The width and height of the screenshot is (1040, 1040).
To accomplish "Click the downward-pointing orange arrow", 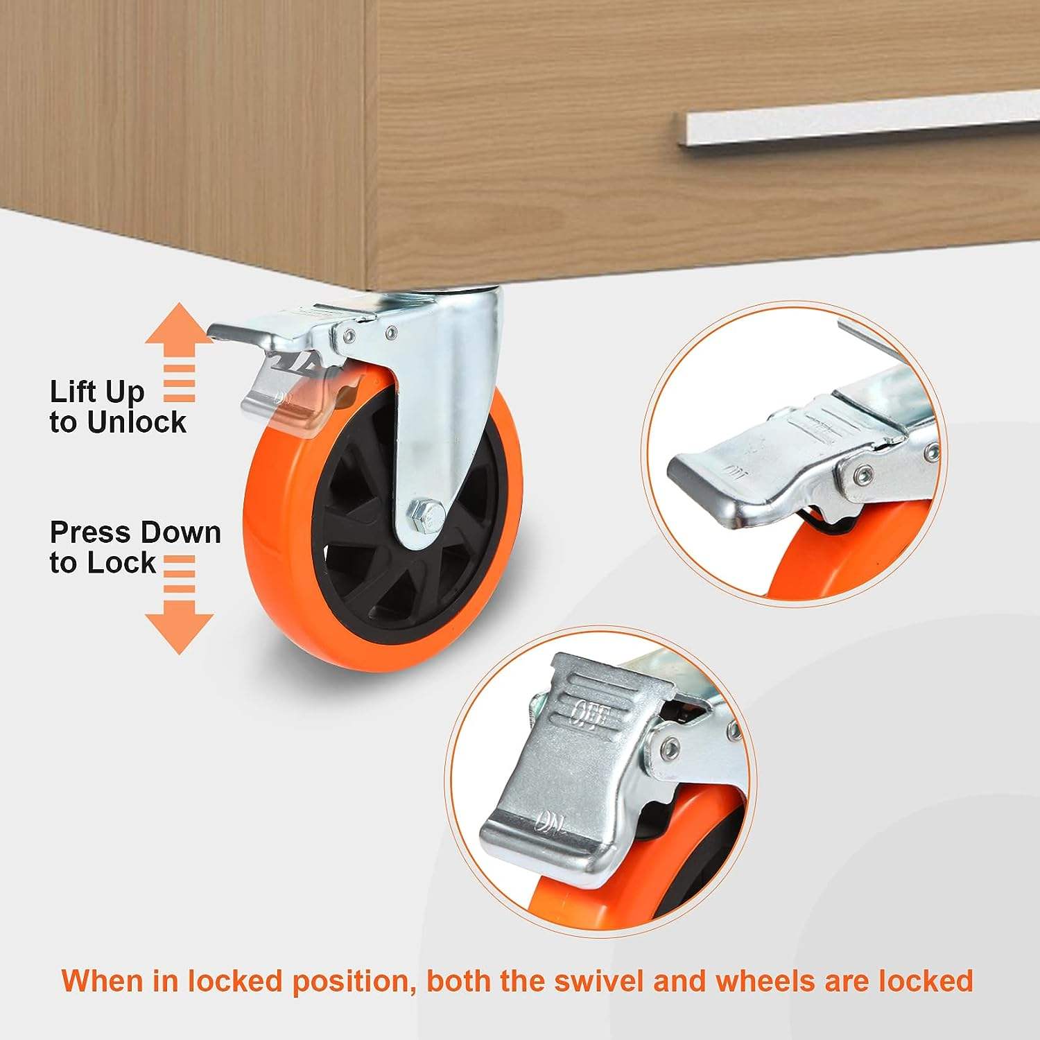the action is (x=179, y=603).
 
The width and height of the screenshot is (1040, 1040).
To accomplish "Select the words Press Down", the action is (x=135, y=532).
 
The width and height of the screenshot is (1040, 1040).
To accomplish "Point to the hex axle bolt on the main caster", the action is (x=424, y=514).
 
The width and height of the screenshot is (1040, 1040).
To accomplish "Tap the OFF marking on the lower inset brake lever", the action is (x=589, y=715).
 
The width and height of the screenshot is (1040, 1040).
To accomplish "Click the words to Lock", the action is (x=103, y=562).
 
